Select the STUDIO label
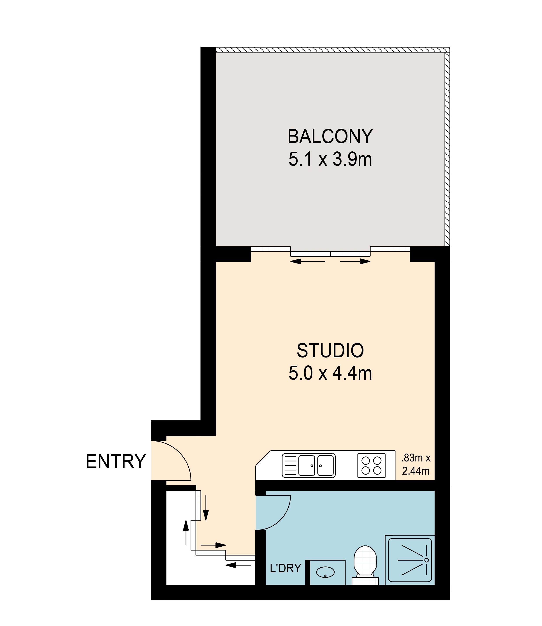tap(330, 351)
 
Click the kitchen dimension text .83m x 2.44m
tap(416, 465)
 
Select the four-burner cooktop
tap(371, 466)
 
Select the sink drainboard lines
tap(290, 466)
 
